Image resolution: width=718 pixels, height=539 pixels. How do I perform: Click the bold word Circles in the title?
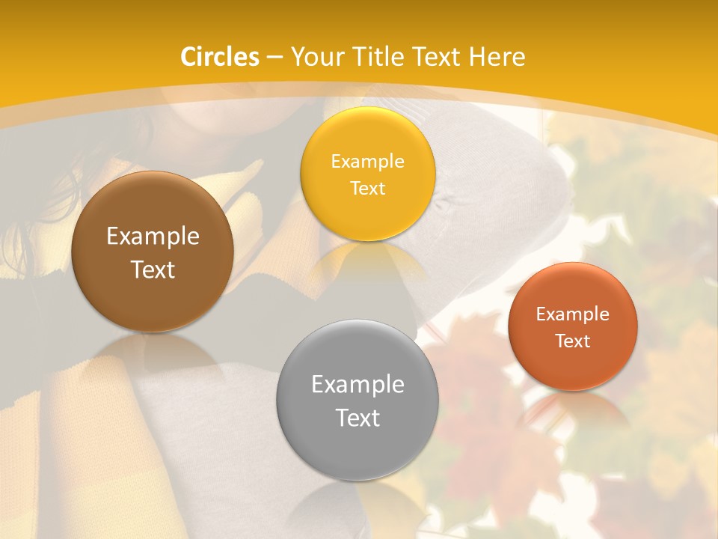[220, 57]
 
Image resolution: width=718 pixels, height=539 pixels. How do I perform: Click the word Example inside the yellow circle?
[367, 162]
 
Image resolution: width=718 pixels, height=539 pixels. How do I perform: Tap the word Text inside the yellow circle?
[367, 189]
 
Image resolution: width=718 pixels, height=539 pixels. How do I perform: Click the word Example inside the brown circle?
[153, 237]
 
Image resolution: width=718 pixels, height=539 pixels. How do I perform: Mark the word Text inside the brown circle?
[153, 269]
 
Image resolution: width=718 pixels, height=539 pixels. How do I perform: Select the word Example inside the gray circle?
[358, 385]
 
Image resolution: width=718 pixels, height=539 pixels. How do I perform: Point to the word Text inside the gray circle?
[358, 418]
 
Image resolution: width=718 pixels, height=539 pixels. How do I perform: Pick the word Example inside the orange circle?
[572, 314]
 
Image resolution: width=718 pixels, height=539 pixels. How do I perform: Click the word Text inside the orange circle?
[572, 341]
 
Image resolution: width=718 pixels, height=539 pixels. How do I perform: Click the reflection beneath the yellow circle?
[366, 262]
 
